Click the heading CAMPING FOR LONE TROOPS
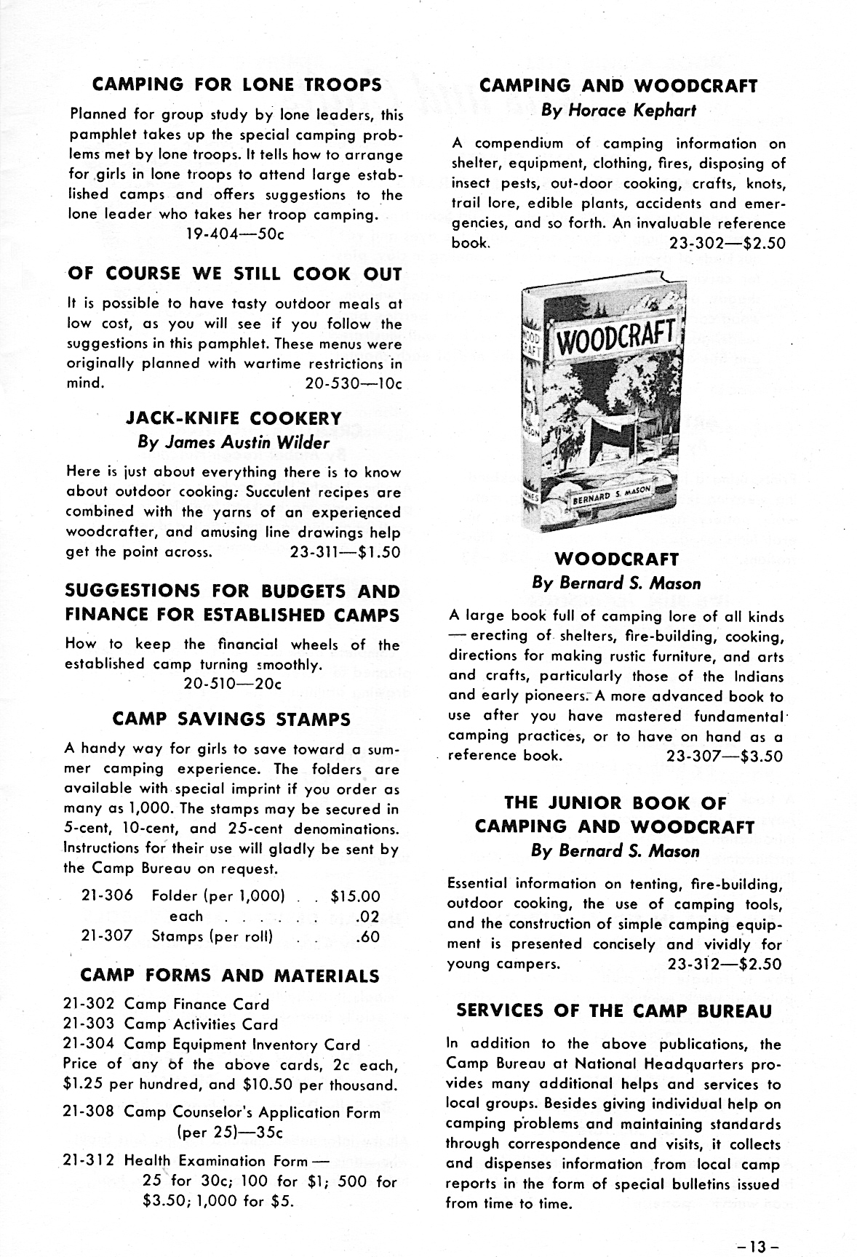click(237, 84)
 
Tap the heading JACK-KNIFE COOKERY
click(234, 418)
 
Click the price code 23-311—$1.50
click(345, 552)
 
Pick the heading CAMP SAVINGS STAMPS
click(231, 719)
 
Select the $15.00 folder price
click(355, 897)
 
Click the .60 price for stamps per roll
click(368, 936)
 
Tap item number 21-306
click(107, 896)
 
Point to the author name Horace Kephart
click(618, 111)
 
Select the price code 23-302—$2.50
click(727, 243)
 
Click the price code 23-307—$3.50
click(725, 756)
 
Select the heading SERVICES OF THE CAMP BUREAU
click(614, 1010)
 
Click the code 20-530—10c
click(354, 383)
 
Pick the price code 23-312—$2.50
click(725, 965)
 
